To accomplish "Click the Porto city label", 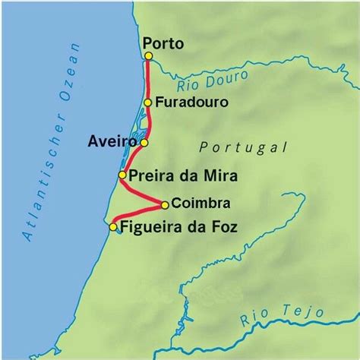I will click(x=163, y=43).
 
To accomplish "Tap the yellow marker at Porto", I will click(x=146, y=56).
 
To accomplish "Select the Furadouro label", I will click(x=187, y=102).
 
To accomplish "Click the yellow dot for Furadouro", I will click(x=148, y=103).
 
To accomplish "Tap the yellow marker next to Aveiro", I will click(x=144, y=142).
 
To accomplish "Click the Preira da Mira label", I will click(x=183, y=176).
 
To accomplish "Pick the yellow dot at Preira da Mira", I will click(x=122, y=176).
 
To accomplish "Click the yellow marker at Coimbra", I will click(x=165, y=204).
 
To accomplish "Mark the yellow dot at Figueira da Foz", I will click(x=113, y=226).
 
